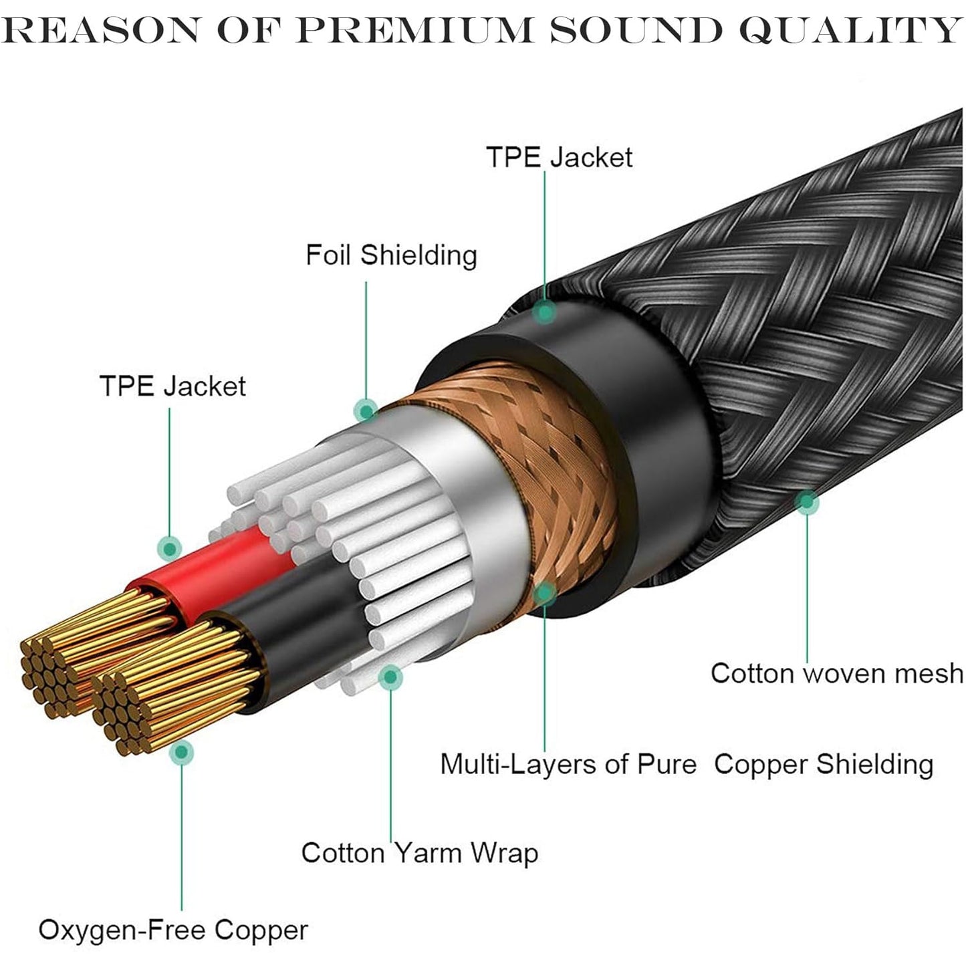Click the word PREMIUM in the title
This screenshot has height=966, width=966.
coord(413,29)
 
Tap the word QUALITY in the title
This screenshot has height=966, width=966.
coord(849,29)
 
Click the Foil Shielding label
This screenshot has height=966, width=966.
coord(391,255)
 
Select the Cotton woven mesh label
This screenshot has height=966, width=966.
coord(837,673)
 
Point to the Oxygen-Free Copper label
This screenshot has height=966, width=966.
coord(173,930)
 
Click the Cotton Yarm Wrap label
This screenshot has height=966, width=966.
coord(419,853)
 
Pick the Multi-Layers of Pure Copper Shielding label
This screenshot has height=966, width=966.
coord(686,764)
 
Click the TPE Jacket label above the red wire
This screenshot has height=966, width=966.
coord(172,386)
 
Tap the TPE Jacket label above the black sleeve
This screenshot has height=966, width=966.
coord(559,157)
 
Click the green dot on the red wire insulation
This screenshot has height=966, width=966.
coord(170,548)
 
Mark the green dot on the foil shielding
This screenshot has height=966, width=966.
coord(365,409)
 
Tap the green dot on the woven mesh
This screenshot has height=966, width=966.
coord(807,501)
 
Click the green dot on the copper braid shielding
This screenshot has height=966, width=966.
coord(545,592)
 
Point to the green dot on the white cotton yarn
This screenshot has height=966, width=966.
coord(390,677)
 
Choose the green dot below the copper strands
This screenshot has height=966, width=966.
coord(181,753)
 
